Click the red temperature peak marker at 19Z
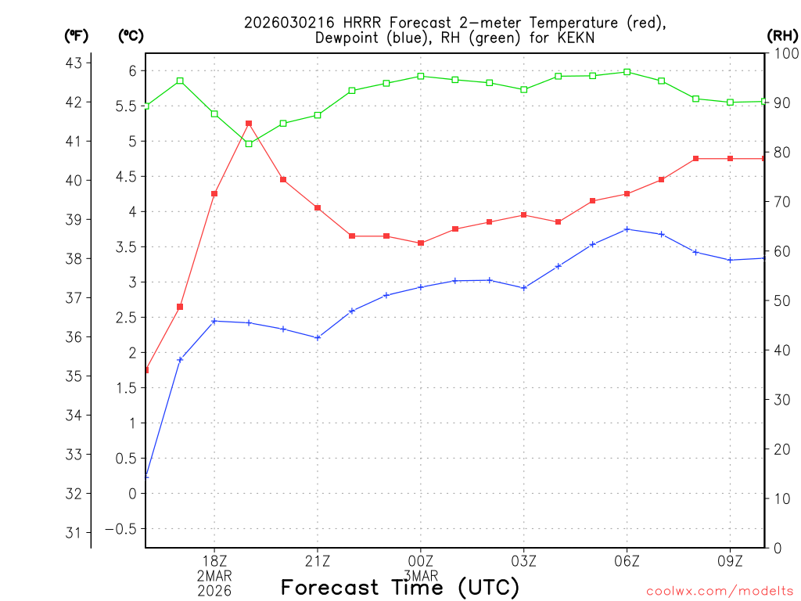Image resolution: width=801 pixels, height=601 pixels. pyautogui.click(x=249, y=124)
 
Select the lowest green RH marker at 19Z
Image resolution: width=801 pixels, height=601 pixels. pyautogui.click(x=249, y=144)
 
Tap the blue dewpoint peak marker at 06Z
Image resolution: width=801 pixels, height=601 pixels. pyautogui.click(x=627, y=229)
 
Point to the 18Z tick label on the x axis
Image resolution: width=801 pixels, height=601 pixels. pyautogui.click(x=214, y=560)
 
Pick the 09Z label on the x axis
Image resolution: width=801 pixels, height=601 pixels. pyautogui.click(x=730, y=560)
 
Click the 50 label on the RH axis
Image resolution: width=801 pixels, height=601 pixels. pyautogui.click(x=781, y=300)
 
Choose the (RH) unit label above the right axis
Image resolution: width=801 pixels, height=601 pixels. pyautogui.click(x=781, y=35)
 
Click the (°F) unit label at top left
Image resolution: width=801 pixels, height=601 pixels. pyautogui.click(x=76, y=35)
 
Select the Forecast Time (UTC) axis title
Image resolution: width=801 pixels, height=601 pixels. pyautogui.click(x=400, y=587)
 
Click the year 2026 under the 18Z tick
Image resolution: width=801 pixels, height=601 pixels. pyautogui.click(x=214, y=590)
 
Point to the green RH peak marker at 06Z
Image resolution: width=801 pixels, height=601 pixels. pyautogui.click(x=627, y=72)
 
